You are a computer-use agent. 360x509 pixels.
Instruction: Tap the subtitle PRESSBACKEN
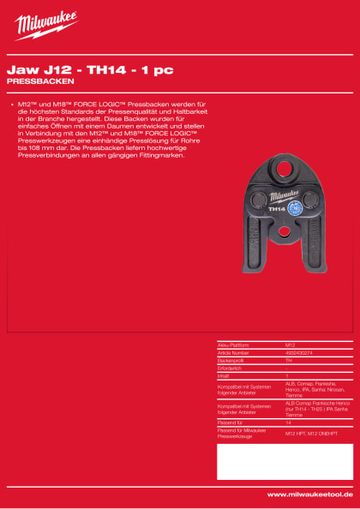coord(39,81)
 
